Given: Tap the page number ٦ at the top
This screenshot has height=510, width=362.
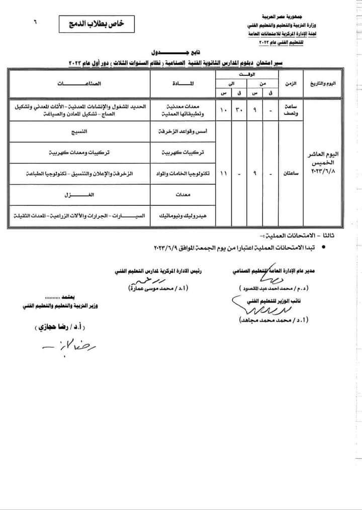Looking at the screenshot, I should point(36,22).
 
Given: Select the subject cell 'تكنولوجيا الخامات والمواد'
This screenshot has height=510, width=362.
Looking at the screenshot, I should point(184,173).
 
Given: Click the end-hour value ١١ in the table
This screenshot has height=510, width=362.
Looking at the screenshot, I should point(224,173).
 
